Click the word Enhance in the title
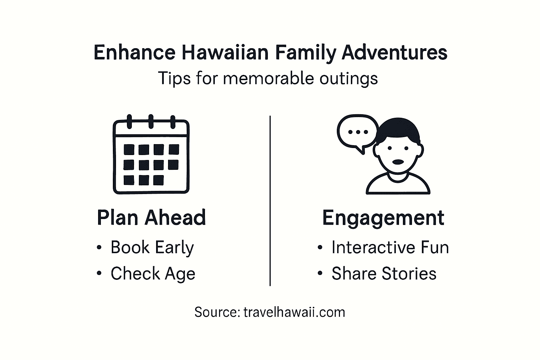(134, 53)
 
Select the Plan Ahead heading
(151, 218)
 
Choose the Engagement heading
(383, 218)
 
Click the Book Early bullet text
(152, 247)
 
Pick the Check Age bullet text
(153, 274)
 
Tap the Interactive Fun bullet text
(390, 247)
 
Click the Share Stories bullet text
(384, 274)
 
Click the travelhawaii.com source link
(294, 312)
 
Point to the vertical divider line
(270, 200)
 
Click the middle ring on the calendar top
(151, 121)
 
